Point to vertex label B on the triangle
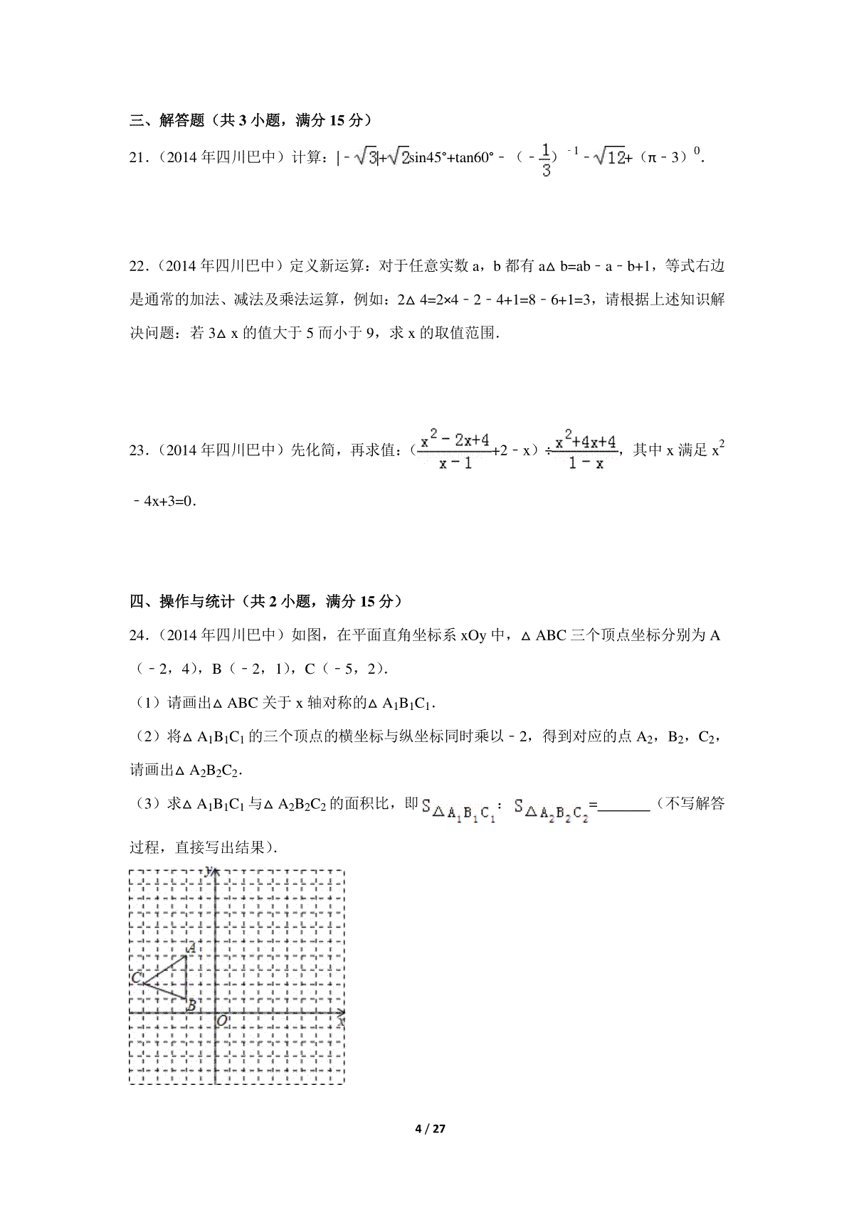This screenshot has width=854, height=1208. (x=191, y=1006)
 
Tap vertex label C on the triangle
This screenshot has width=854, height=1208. (x=136, y=978)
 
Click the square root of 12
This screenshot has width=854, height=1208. (x=609, y=157)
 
